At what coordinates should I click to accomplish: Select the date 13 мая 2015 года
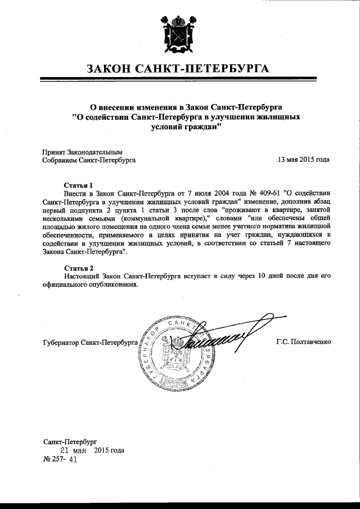point(303,160)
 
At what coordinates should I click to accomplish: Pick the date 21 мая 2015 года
point(92,451)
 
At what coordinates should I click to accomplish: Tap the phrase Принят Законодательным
point(82,151)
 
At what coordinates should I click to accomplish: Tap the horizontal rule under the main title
point(179,81)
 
